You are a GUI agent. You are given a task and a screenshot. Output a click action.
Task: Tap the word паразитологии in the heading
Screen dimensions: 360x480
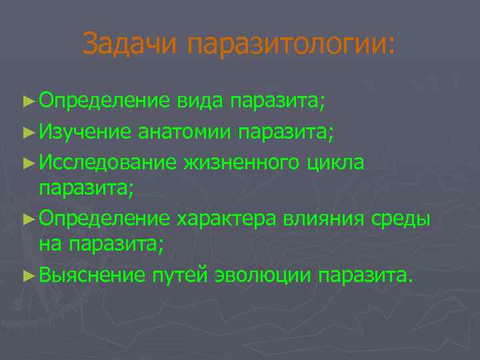[291, 45]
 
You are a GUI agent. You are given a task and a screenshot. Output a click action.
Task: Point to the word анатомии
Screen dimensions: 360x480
[179, 131]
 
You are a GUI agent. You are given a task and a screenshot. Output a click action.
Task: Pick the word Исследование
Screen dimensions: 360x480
[107, 161]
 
